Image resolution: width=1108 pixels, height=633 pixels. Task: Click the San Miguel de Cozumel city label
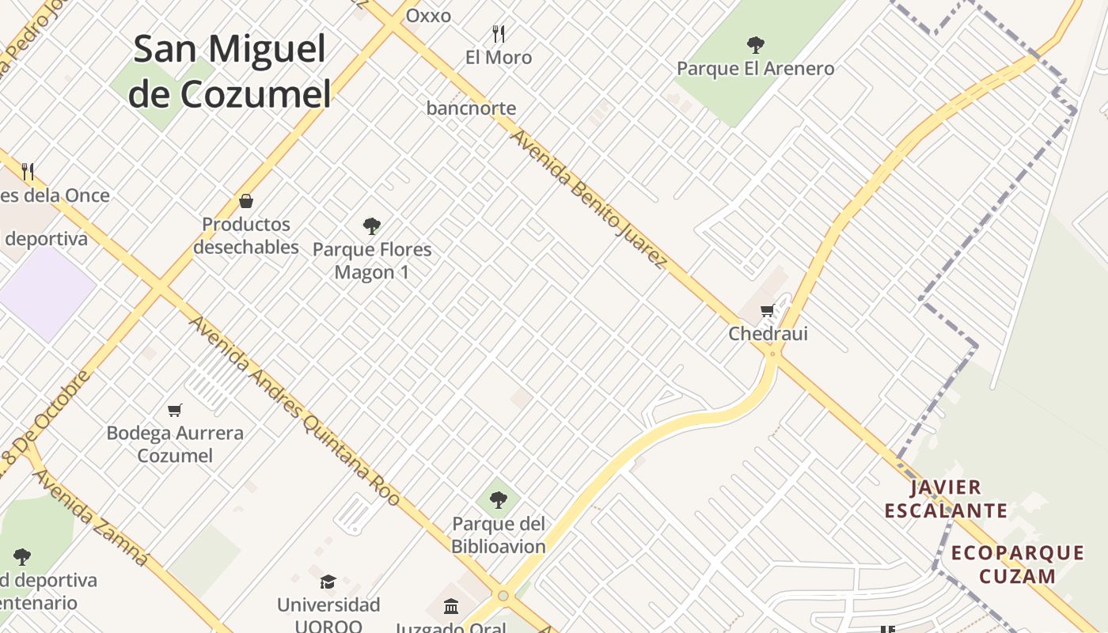(x=230, y=71)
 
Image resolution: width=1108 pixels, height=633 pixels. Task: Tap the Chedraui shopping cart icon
(x=766, y=311)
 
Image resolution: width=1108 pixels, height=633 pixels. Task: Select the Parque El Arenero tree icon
(x=756, y=44)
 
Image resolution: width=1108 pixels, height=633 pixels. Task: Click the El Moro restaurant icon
(x=499, y=33)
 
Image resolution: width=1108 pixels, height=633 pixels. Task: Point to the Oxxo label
(x=428, y=16)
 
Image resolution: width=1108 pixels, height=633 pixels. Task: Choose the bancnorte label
(x=471, y=108)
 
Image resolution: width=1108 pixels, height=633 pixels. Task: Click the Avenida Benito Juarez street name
(x=588, y=199)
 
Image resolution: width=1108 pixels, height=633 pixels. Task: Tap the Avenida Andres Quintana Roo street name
(x=294, y=411)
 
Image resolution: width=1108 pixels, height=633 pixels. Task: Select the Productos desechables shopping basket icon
(x=246, y=201)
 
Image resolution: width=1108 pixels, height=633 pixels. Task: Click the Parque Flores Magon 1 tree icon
(x=372, y=226)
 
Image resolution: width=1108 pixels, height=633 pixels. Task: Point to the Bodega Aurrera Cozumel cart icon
(x=175, y=410)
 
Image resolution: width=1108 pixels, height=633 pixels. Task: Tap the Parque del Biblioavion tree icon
(x=499, y=500)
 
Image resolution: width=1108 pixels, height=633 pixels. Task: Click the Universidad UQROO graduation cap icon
(x=328, y=582)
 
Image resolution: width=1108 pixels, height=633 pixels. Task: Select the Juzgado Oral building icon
(x=451, y=607)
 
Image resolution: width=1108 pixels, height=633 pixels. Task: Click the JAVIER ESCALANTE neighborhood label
(x=946, y=498)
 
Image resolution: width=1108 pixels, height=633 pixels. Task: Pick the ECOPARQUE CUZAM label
(x=1018, y=564)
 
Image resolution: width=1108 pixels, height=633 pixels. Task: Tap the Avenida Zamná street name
(x=90, y=517)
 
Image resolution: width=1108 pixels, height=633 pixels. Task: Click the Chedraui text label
(x=768, y=333)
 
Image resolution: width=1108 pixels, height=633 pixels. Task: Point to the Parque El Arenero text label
(x=755, y=69)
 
